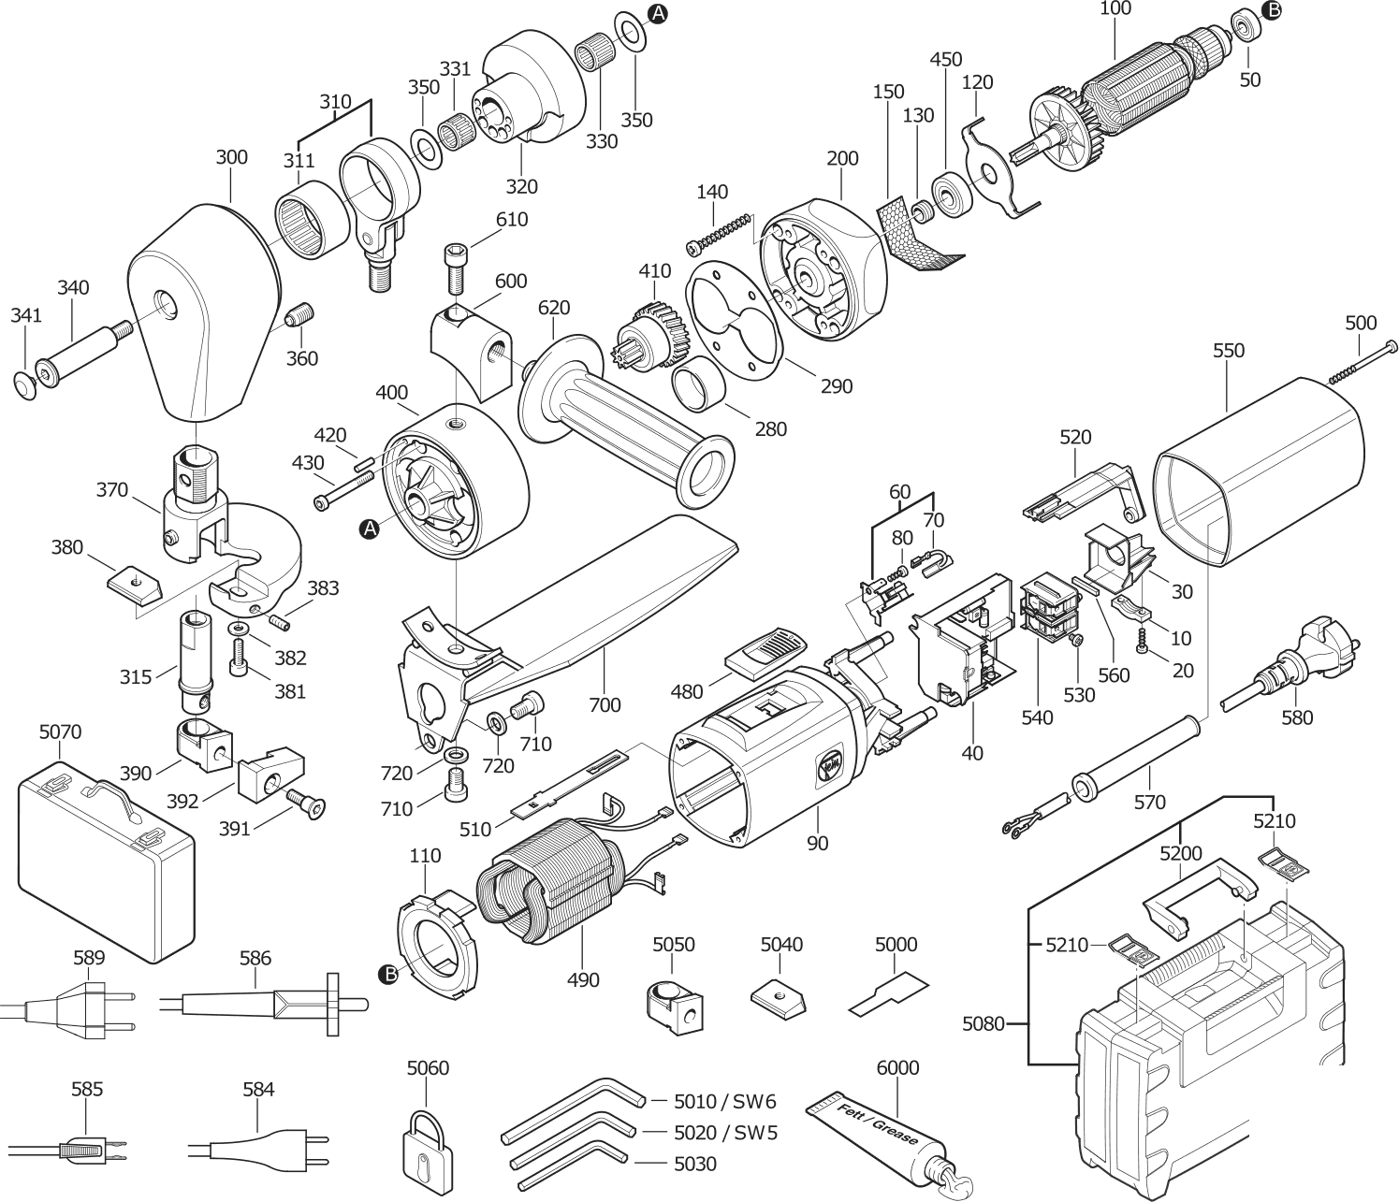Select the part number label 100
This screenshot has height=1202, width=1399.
pyautogui.click(x=1115, y=9)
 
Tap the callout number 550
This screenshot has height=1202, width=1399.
pyautogui.click(x=1229, y=351)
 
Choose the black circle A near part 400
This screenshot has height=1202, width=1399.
pyautogui.click(x=371, y=529)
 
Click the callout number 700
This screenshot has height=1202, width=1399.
pyautogui.click(x=605, y=704)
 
